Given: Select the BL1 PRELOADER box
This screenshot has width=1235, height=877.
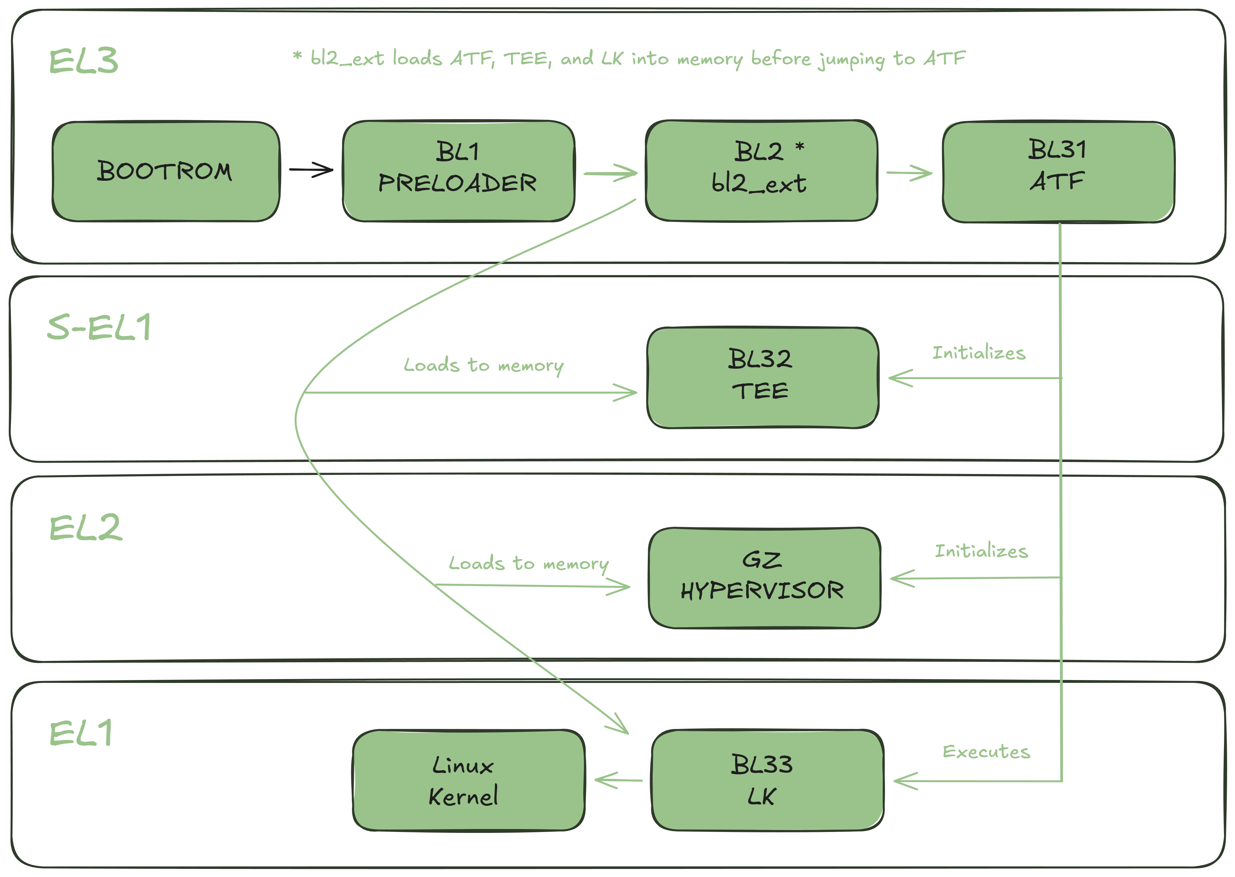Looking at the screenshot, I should [x=458, y=171].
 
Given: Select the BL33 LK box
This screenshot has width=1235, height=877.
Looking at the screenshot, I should [x=766, y=780].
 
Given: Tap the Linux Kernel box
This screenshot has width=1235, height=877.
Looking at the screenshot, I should [x=468, y=780].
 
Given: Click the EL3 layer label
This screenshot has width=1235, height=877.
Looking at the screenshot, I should [x=83, y=61].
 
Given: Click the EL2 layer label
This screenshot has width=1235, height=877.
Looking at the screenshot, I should [x=85, y=528].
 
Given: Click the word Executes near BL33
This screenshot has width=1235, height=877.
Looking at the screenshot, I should [x=986, y=751].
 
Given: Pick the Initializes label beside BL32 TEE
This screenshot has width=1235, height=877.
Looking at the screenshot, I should [x=978, y=352].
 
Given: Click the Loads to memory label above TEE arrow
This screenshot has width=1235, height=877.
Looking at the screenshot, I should [x=483, y=365].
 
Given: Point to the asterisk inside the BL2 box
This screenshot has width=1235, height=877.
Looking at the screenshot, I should [x=800, y=146].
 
